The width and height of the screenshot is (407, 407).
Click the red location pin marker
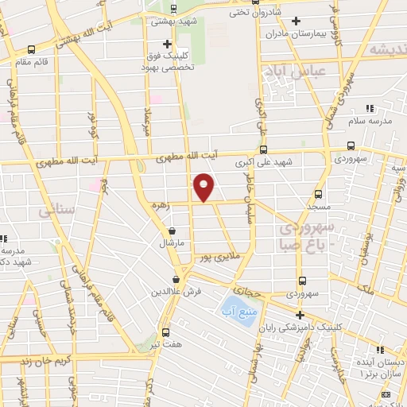click(x=204, y=188)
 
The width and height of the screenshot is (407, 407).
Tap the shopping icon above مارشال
click(x=172, y=230)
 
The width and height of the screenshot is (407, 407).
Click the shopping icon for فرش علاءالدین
click(x=177, y=279)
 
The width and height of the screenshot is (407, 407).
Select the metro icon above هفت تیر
click(x=165, y=332)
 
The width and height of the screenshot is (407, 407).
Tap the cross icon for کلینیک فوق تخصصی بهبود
click(x=166, y=44)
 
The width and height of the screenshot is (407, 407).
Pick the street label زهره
click(x=161, y=204)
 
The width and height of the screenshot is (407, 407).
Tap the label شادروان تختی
click(x=244, y=12)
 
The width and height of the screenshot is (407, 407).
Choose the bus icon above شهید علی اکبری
click(x=264, y=149)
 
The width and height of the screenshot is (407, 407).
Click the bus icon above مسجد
click(x=318, y=193)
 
